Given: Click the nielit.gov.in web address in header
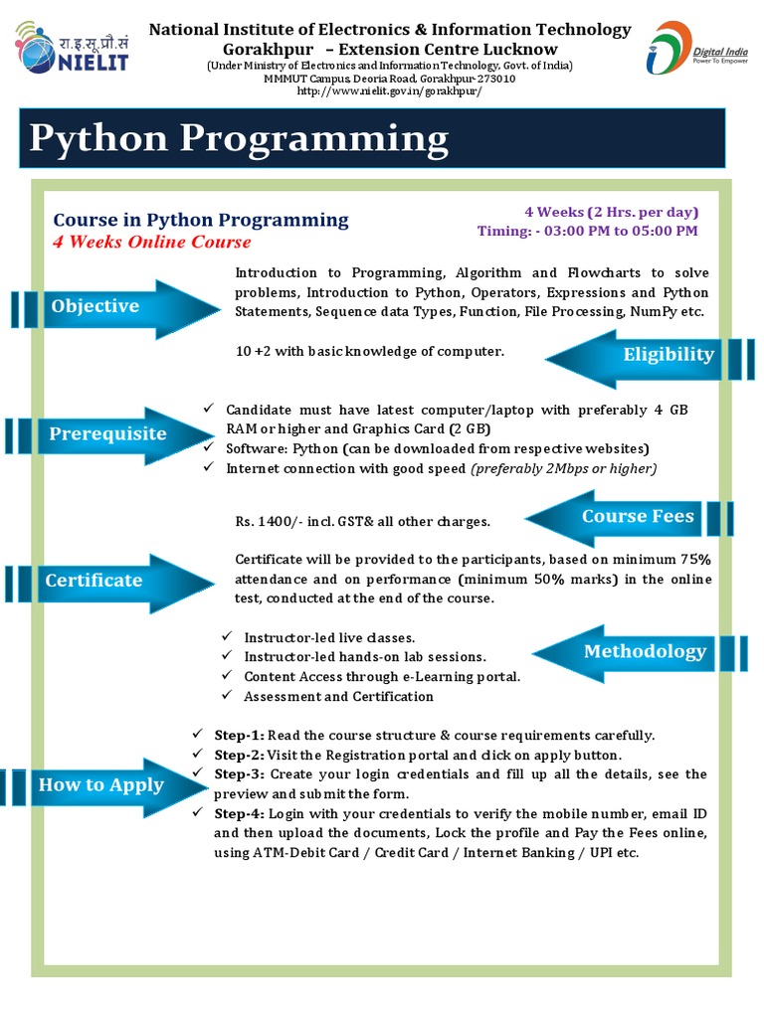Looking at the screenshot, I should [389, 91].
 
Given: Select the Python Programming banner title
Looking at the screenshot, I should [239, 138].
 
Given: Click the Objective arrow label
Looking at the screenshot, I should [95, 306].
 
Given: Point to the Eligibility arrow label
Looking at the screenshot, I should [668, 355].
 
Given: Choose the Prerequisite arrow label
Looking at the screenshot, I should [107, 434].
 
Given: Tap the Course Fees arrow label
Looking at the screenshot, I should [638, 516].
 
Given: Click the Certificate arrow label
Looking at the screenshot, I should [94, 581].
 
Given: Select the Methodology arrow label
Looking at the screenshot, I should [645, 651].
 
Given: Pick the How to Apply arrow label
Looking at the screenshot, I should [100, 785].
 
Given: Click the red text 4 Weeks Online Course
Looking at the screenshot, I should [152, 243].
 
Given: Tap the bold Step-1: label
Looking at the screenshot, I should [240, 736].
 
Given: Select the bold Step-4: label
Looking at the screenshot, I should [240, 813].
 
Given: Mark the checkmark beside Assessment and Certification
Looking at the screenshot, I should [227, 696].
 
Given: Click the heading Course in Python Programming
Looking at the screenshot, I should [201, 220].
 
